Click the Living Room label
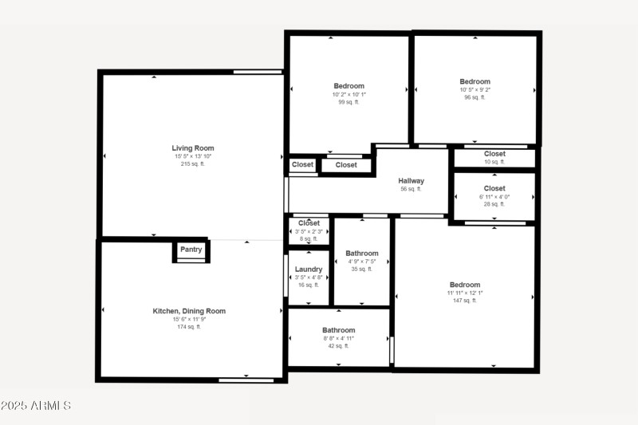coord(193,148)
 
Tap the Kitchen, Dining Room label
coord(189,311)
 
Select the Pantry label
coord(191,250)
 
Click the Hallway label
coord(411,181)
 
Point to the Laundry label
coord(309,270)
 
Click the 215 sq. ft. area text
coord(193,164)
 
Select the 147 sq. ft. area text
coord(465,301)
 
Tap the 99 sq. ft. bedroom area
coord(349,102)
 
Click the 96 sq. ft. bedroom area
coord(475,97)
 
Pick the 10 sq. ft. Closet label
coord(494,154)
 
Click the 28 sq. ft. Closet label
coord(494,189)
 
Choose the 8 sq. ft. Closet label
coord(309,223)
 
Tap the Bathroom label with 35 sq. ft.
coord(362,254)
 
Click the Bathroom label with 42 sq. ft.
coord(339,330)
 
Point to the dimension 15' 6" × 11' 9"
coord(189,319)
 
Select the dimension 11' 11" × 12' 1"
coord(465,293)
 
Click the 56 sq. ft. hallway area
coord(411,189)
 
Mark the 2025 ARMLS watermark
coord(36,406)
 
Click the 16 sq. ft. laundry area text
coord(309,285)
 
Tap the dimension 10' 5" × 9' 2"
coord(475,89)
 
